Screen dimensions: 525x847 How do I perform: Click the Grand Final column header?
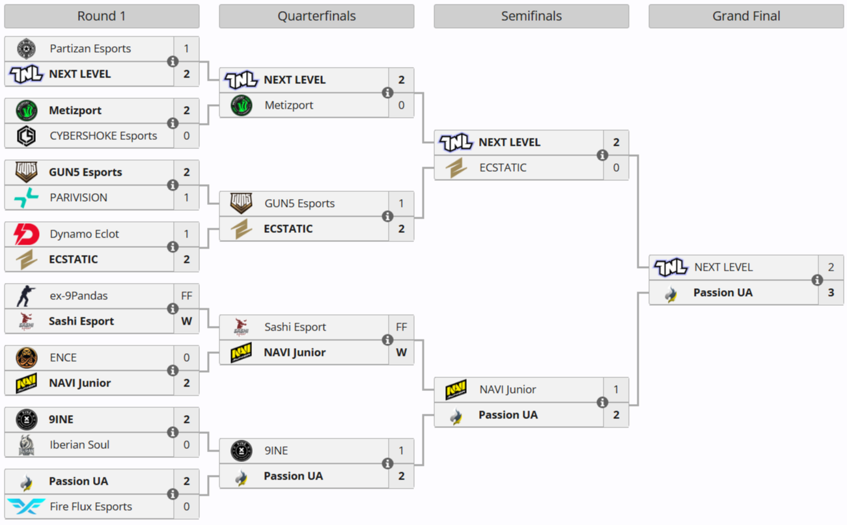[x=746, y=16]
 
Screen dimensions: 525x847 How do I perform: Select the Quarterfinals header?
[x=316, y=16]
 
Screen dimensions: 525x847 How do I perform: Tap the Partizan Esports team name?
[x=90, y=49]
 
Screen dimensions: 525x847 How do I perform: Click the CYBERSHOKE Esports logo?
[x=26, y=136]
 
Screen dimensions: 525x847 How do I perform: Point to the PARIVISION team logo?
[x=26, y=198]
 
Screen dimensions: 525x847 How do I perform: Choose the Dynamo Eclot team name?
[x=84, y=234]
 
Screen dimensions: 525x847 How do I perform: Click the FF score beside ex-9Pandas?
[x=186, y=296]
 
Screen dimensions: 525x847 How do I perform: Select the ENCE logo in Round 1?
[x=26, y=358]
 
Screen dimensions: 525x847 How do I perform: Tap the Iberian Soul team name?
[x=79, y=445]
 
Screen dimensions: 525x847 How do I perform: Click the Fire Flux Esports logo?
[x=26, y=507]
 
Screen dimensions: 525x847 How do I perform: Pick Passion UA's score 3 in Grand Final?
[x=831, y=293]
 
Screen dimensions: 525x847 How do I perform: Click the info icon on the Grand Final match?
[x=817, y=280]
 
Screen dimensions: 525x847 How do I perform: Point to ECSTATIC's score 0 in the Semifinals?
[x=616, y=168]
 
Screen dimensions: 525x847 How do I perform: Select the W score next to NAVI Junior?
[x=401, y=353]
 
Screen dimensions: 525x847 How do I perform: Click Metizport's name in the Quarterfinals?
[x=288, y=105]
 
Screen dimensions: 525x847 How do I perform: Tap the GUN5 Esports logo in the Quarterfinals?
[x=241, y=204]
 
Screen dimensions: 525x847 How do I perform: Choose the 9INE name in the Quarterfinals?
[x=276, y=451]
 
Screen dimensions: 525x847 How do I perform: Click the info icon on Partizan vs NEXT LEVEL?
[x=173, y=62]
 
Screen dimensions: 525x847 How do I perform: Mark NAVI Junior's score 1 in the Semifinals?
[x=616, y=390]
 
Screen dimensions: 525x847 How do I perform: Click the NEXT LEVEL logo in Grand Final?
[x=671, y=267]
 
